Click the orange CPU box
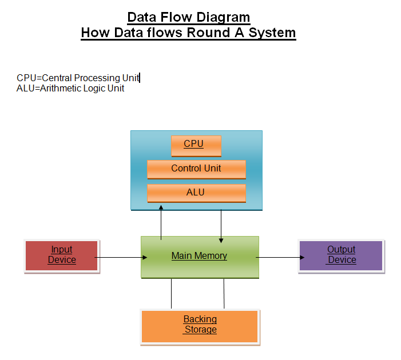(196, 145)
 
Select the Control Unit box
(196, 169)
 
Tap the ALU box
(196, 193)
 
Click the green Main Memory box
(200, 266)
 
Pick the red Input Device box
(62, 255)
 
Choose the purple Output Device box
(342, 255)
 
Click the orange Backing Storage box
(200, 326)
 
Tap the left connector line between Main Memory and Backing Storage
(172, 293)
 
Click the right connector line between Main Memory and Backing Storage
(224, 293)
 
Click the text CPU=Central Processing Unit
(78, 78)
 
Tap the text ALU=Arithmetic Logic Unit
(70, 89)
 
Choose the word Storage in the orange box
(201, 330)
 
